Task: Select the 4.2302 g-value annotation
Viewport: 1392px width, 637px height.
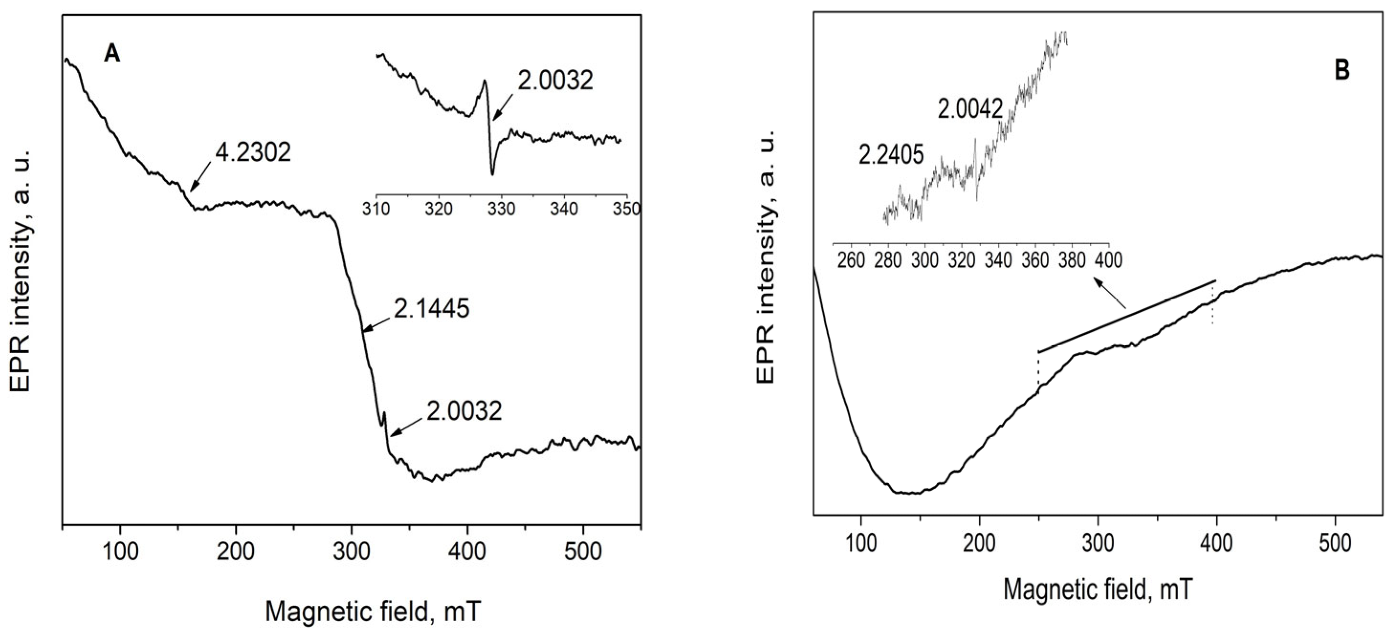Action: [x=253, y=153]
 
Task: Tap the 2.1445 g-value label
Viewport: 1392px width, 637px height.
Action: [x=431, y=309]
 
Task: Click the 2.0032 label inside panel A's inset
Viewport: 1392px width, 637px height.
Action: [x=556, y=81]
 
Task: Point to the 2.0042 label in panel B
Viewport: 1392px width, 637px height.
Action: [x=970, y=110]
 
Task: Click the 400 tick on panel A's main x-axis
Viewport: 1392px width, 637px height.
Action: [x=467, y=551]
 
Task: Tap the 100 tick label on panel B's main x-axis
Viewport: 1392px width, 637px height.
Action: [x=861, y=543]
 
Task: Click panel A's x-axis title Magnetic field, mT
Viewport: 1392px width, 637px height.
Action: [x=373, y=612]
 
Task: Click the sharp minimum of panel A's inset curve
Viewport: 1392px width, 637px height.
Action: [x=492, y=174]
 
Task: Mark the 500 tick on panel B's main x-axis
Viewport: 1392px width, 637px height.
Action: [x=1335, y=543]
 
